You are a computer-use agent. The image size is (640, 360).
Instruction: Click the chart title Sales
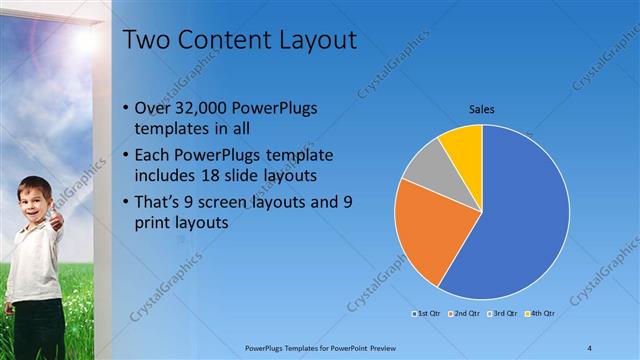pyautogui.click(x=481, y=110)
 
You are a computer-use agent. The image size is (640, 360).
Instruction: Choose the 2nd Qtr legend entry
pyautogui.click(x=464, y=314)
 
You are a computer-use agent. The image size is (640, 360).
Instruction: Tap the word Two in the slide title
pyautogui.click(x=145, y=40)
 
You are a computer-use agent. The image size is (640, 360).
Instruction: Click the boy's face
pyautogui.click(x=34, y=196)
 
